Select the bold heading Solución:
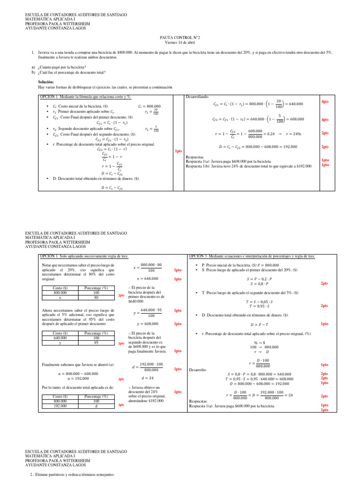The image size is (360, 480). (x=46, y=82)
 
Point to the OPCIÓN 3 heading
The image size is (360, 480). (x=252, y=256)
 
